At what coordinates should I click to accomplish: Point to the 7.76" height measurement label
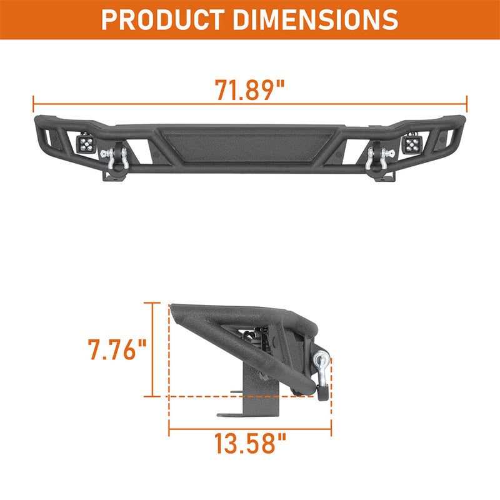click(x=117, y=349)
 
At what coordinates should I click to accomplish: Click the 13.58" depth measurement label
click(x=250, y=445)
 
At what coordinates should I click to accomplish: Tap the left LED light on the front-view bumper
click(x=85, y=145)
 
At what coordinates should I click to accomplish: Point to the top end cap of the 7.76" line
click(x=152, y=303)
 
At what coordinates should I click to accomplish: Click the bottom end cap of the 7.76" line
click(x=152, y=396)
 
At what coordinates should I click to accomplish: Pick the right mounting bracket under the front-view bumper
click(x=382, y=177)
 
